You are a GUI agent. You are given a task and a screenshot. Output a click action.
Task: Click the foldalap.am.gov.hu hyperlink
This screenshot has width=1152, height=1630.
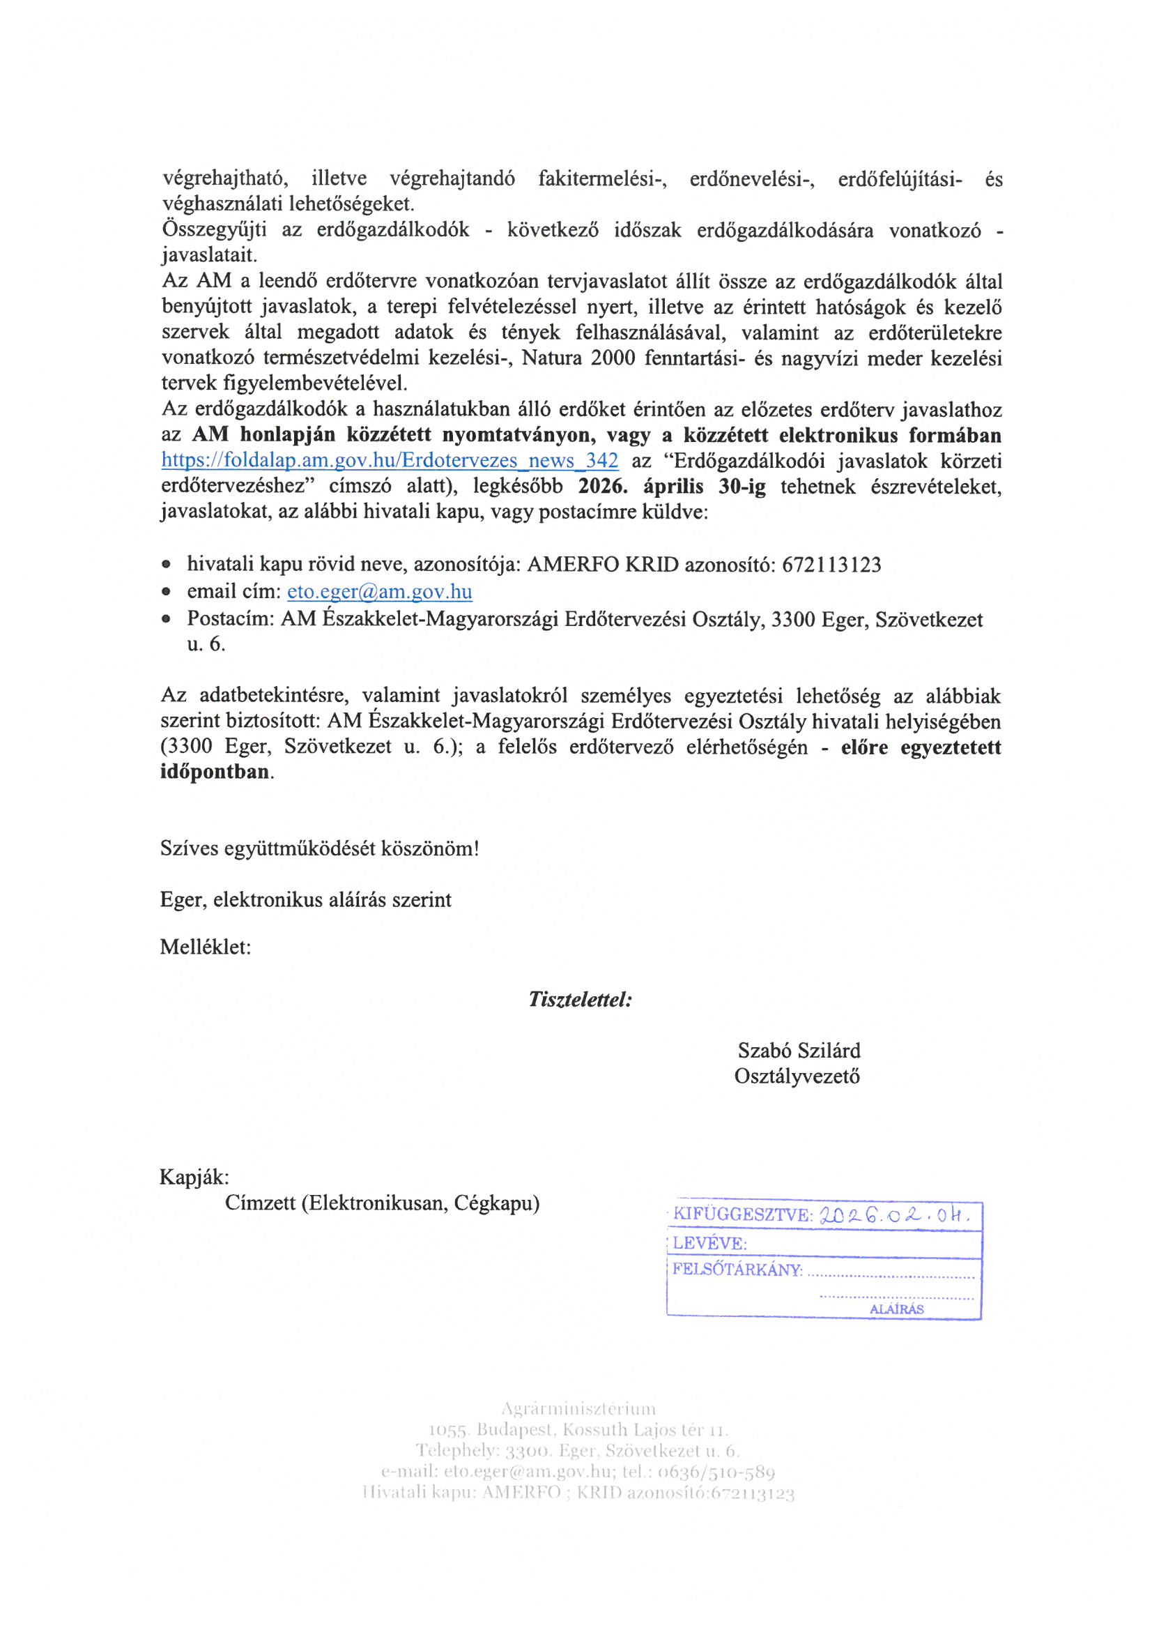click(x=390, y=461)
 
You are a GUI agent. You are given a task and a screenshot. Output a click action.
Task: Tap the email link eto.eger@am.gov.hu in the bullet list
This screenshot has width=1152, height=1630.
click(x=379, y=591)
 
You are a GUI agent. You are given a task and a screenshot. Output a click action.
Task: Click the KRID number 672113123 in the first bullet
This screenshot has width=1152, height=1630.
click(x=831, y=565)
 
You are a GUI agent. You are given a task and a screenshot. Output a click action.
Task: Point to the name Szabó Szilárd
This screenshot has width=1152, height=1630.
click(x=799, y=1051)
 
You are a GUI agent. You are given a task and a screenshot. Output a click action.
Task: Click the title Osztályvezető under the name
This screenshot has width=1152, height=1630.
click(x=797, y=1076)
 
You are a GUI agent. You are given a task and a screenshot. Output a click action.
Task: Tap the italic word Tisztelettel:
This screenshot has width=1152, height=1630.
click(x=580, y=1000)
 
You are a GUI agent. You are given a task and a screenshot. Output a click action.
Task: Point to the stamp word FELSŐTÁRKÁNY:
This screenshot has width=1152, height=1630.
click(x=737, y=1270)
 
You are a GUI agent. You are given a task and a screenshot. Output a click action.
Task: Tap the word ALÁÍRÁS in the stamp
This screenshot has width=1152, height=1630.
click(x=896, y=1309)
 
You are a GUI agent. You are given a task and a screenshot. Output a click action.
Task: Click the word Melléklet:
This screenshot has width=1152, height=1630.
click(x=205, y=947)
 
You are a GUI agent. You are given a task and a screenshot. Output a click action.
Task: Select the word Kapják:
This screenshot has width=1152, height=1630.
click(x=194, y=1177)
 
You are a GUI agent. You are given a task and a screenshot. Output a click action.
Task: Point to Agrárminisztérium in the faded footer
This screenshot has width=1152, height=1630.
click(x=578, y=1408)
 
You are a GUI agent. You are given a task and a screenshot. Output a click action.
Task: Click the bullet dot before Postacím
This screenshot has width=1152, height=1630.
click(x=166, y=619)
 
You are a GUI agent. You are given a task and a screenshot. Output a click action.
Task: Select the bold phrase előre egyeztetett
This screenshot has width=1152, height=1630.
click(x=920, y=747)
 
